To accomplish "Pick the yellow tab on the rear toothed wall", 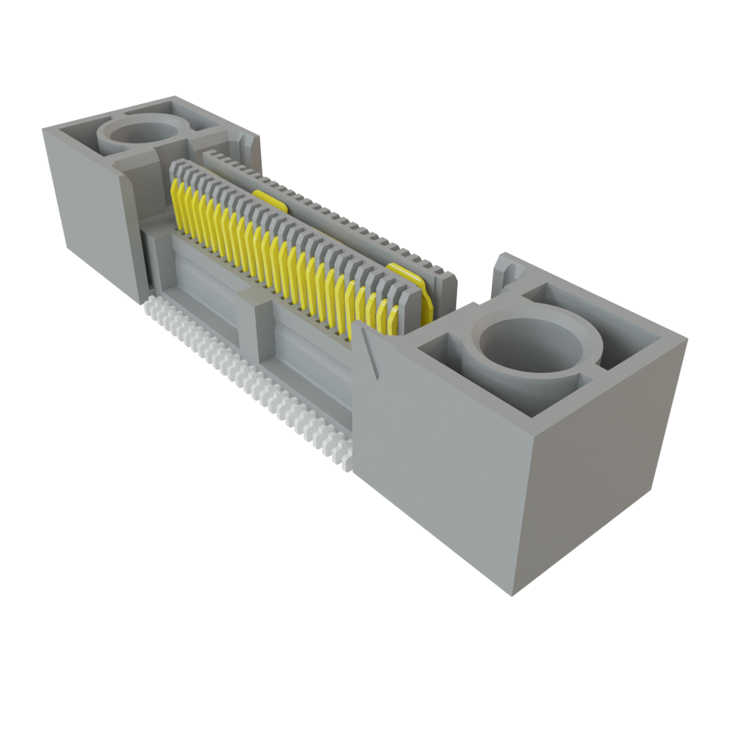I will (x=271, y=200).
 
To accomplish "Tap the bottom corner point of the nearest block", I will (x=513, y=596).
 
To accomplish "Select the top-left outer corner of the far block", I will (x=43, y=128).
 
